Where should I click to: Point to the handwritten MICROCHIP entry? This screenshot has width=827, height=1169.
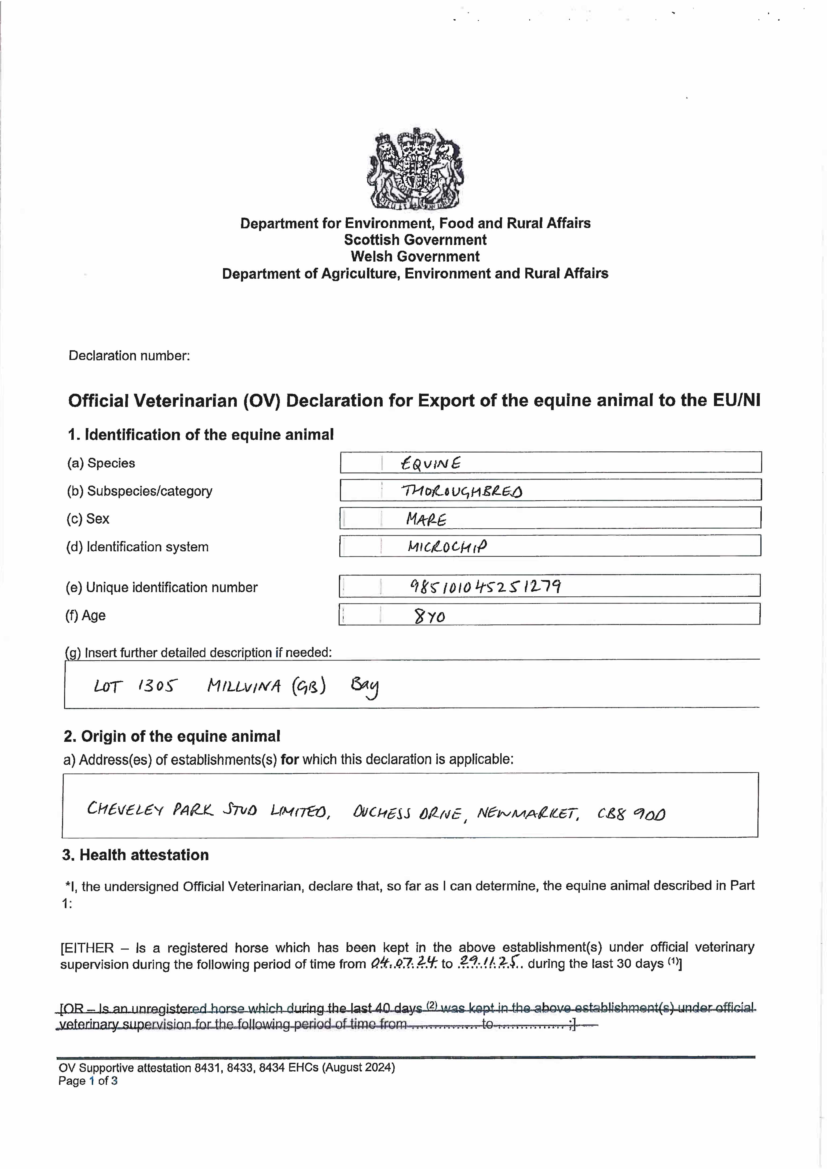(x=447, y=547)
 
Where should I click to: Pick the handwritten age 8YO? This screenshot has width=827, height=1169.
(x=430, y=617)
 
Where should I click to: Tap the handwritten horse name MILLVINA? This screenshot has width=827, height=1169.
(x=244, y=686)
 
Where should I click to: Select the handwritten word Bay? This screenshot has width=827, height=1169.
(x=364, y=687)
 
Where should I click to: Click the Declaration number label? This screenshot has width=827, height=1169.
(x=129, y=355)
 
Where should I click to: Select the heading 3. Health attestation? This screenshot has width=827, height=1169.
(x=135, y=855)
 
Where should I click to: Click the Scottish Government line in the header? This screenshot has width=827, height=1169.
(x=415, y=240)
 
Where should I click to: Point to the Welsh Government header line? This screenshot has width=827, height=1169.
(x=415, y=257)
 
